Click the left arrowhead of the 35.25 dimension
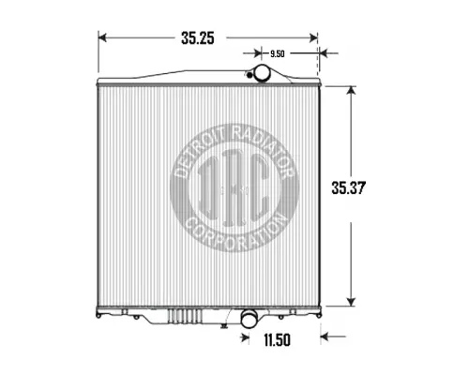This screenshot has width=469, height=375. click(x=103, y=38)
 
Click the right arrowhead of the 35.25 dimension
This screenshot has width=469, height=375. click(x=314, y=38)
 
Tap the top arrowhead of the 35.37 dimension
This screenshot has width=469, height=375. click(x=352, y=90)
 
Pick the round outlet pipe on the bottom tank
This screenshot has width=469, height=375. click(x=250, y=320)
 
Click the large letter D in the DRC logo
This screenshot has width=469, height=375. click(x=204, y=191)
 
